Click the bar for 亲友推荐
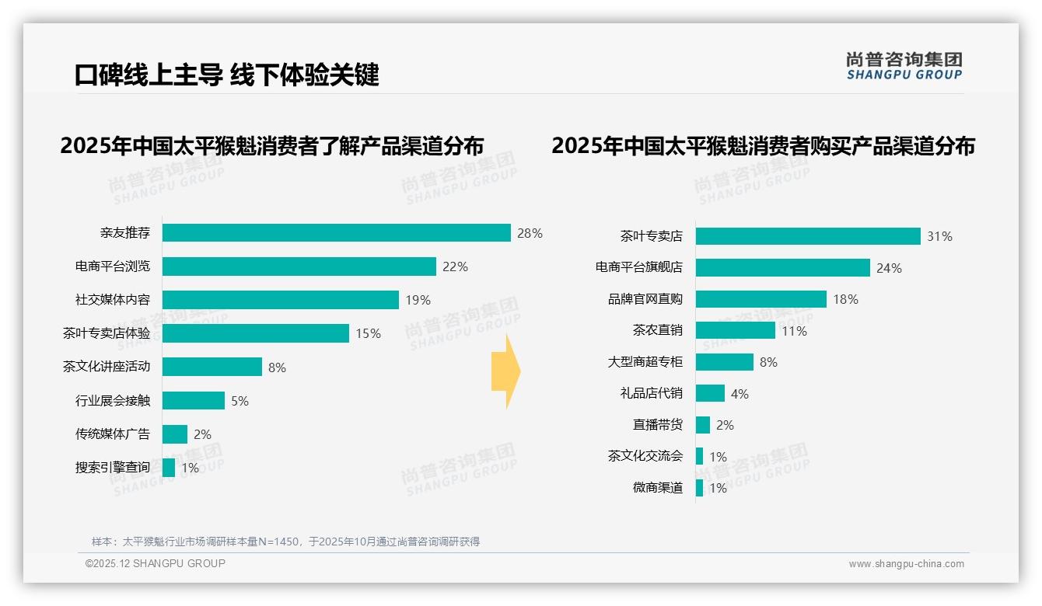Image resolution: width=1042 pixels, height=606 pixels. pyautogui.click(x=336, y=233)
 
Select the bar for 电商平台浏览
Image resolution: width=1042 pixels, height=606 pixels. pyautogui.click(x=299, y=266)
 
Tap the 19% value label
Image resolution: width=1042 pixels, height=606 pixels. pyautogui.click(x=418, y=301)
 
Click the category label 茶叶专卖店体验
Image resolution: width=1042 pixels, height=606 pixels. pyautogui.click(x=107, y=333)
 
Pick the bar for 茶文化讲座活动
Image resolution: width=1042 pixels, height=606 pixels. pyautogui.click(x=212, y=367)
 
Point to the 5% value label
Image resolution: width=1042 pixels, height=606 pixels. pyautogui.click(x=240, y=401)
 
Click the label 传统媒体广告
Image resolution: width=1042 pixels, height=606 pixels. pyautogui.click(x=113, y=434)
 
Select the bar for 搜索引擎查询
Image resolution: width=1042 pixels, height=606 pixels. pyautogui.click(x=169, y=468)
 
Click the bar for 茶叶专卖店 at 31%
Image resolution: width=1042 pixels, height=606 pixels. pyautogui.click(x=808, y=236)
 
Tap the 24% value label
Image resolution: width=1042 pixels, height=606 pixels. pyautogui.click(x=889, y=268)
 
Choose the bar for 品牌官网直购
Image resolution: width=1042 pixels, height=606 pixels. pyautogui.click(x=761, y=299)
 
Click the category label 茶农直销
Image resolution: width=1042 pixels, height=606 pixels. pyautogui.click(x=658, y=330)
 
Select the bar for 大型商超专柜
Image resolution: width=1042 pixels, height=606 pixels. pyautogui.click(x=724, y=362)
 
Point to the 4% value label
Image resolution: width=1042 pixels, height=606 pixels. pyautogui.click(x=740, y=394)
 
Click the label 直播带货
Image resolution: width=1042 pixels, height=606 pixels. pyautogui.click(x=658, y=425)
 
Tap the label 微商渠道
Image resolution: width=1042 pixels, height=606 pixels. pyautogui.click(x=658, y=488)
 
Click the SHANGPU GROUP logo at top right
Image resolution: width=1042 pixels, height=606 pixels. pyautogui.click(x=904, y=66)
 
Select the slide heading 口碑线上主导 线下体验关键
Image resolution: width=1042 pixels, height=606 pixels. pyautogui.click(x=227, y=75)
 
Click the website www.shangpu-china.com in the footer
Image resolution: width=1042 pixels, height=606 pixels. pyautogui.click(x=906, y=564)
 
